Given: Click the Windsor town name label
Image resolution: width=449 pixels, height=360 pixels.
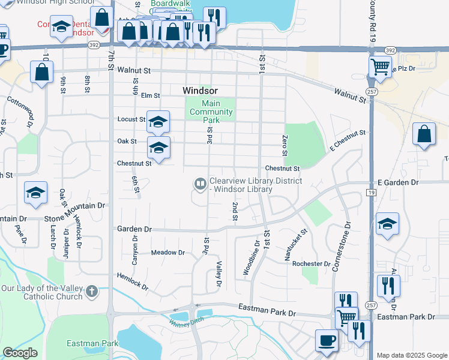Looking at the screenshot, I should (200, 91).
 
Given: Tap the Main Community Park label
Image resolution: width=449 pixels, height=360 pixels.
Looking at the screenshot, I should (211, 112).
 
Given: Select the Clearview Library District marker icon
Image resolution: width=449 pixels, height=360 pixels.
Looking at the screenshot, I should (199, 183).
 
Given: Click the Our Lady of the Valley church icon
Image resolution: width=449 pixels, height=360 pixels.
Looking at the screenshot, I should (91, 292).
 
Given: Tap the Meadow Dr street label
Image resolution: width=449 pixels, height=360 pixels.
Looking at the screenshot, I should (167, 253).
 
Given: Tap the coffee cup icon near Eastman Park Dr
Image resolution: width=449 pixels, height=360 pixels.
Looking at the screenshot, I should (327, 340).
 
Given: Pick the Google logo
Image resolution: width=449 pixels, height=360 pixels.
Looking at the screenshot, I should (20, 353).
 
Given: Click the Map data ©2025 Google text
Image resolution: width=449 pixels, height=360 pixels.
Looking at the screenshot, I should (412, 355).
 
